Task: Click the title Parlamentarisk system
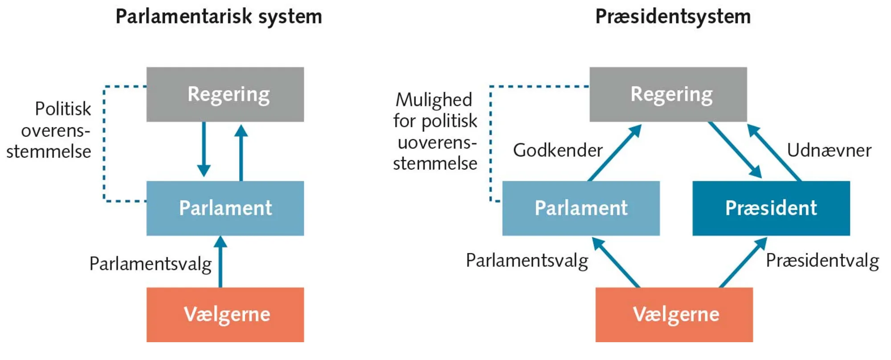[x=218, y=17]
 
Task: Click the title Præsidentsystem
[x=673, y=17]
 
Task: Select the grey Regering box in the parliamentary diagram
[x=225, y=94]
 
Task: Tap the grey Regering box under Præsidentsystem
[x=668, y=94]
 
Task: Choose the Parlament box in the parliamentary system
[x=225, y=208]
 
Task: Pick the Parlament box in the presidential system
[x=580, y=208]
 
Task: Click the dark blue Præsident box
[x=771, y=208]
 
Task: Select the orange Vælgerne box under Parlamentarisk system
[x=225, y=314]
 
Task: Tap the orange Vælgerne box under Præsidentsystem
[x=674, y=314]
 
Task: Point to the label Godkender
[x=557, y=150]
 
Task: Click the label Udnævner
[x=829, y=150]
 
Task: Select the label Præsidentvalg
[x=822, y=261]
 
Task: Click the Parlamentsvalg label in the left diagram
[x=150, y=264]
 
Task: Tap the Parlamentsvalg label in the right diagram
[x=527, y=261]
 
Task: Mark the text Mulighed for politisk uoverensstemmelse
[x=435, y=131]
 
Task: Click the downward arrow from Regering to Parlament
[x=204, y=149]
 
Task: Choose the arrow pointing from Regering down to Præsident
[x=735, y=150]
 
